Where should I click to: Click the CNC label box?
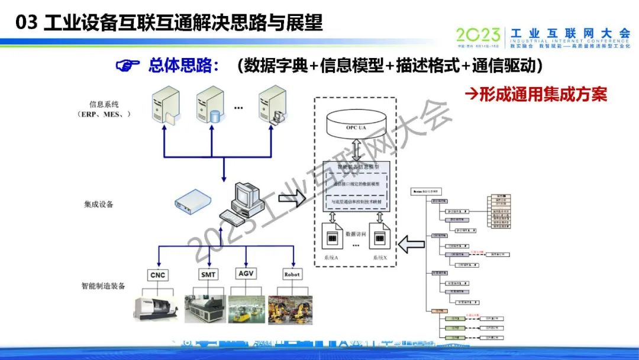(x=157, y=275)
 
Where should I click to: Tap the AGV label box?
(x=246, y=274)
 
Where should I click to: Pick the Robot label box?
(x=292, y=274)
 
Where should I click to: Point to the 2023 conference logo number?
(x=478, y=35)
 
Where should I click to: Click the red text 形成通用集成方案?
(x=535, y=94)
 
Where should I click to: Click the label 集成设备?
(x=99, y=204)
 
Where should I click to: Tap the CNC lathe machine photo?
(x=157, y=308)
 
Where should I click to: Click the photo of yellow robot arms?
(x=291, y=310)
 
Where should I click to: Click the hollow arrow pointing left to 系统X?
(x=412, y=243)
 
